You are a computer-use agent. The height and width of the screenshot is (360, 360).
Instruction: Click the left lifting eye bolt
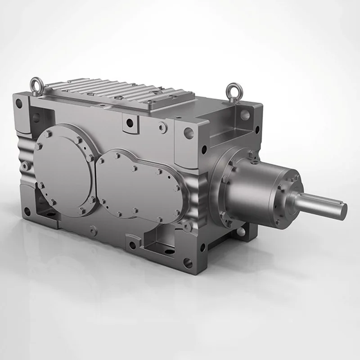35,84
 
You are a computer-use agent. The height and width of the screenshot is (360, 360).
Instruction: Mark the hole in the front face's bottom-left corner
27,210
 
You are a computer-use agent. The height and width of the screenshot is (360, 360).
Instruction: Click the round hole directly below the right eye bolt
245,114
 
